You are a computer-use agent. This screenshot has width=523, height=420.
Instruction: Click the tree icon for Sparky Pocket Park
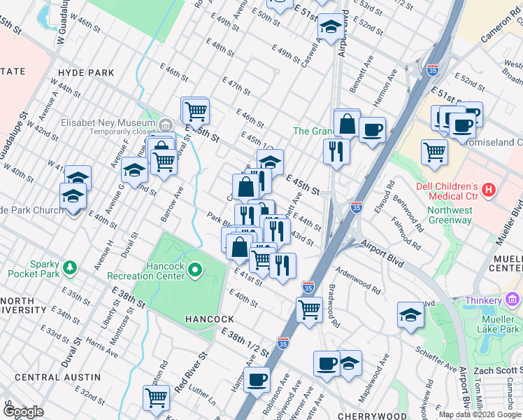click(x=69, y=267)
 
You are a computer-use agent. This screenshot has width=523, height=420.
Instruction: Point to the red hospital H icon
click(x=488, y=189)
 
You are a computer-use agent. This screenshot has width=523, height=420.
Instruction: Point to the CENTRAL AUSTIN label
click(x=48, y=377)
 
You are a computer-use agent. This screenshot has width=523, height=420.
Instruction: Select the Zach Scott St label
click(x=497, y=369)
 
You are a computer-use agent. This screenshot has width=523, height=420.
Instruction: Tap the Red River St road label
click(x=192, y=372)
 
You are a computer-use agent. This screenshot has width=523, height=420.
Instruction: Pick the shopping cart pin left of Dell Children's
click(x=434, y=150)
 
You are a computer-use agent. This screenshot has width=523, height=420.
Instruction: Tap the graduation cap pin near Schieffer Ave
click(x=410, y=315)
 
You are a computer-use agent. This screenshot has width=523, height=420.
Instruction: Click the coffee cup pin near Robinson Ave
click(x=257, y=380)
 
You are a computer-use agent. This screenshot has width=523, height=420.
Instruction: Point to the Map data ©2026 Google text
click(x=479, y=414)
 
